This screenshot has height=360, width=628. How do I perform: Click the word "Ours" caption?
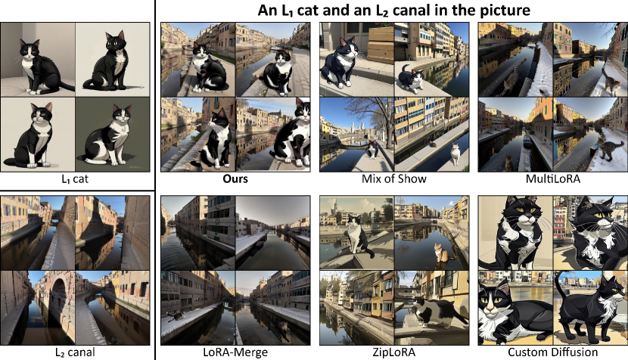point(235,178)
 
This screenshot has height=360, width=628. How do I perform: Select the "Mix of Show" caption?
point(393,178)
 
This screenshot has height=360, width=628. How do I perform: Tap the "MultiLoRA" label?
point(552,178)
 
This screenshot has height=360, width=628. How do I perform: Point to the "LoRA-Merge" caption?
point(235,352)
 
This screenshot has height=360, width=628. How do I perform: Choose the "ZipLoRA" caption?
point(393,352)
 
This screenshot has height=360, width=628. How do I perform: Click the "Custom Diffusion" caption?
point(552,352)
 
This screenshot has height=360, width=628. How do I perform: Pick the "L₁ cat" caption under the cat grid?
point(75,178)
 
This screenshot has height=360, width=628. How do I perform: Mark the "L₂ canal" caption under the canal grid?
point(75,352)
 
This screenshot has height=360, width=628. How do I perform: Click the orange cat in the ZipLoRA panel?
point(440,253)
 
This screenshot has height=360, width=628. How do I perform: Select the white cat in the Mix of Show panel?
point(455,154)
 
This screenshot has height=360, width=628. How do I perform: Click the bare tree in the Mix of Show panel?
point(375,120)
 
